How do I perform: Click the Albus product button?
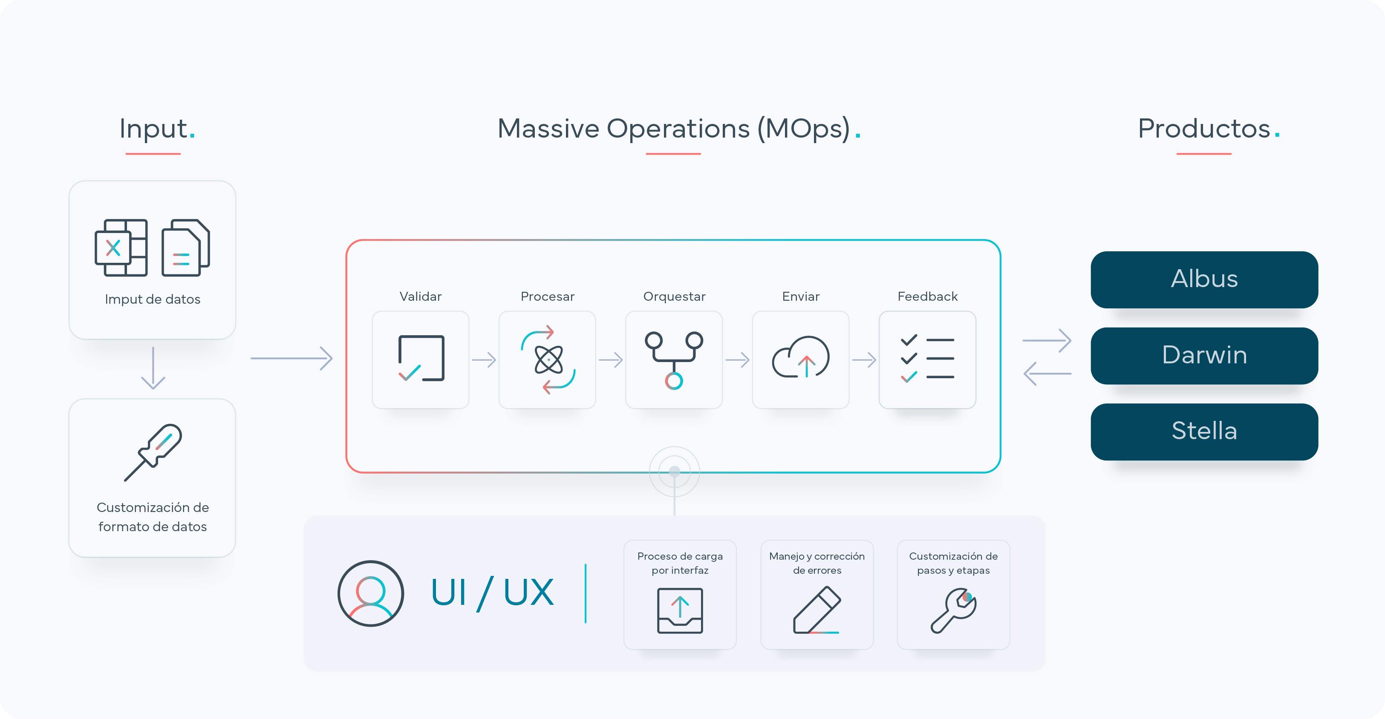point(1204,279)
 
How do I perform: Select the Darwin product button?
point(1204,356)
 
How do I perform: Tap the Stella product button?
point(1204,431)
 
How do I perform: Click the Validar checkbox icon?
point(421,358)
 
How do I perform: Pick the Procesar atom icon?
point(548,359)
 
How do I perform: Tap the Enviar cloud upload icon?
point(801,357)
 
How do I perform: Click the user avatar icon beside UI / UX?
point(370,593)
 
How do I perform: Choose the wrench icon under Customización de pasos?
point(954,610)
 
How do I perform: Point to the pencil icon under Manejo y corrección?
point(817,610)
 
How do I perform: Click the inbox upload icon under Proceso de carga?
point(680,611)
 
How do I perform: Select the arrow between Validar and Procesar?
point(484,359)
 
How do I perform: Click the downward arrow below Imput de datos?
point(153,368)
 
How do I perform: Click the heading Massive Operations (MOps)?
point(679,129)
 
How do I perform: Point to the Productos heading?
point(1209,129)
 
